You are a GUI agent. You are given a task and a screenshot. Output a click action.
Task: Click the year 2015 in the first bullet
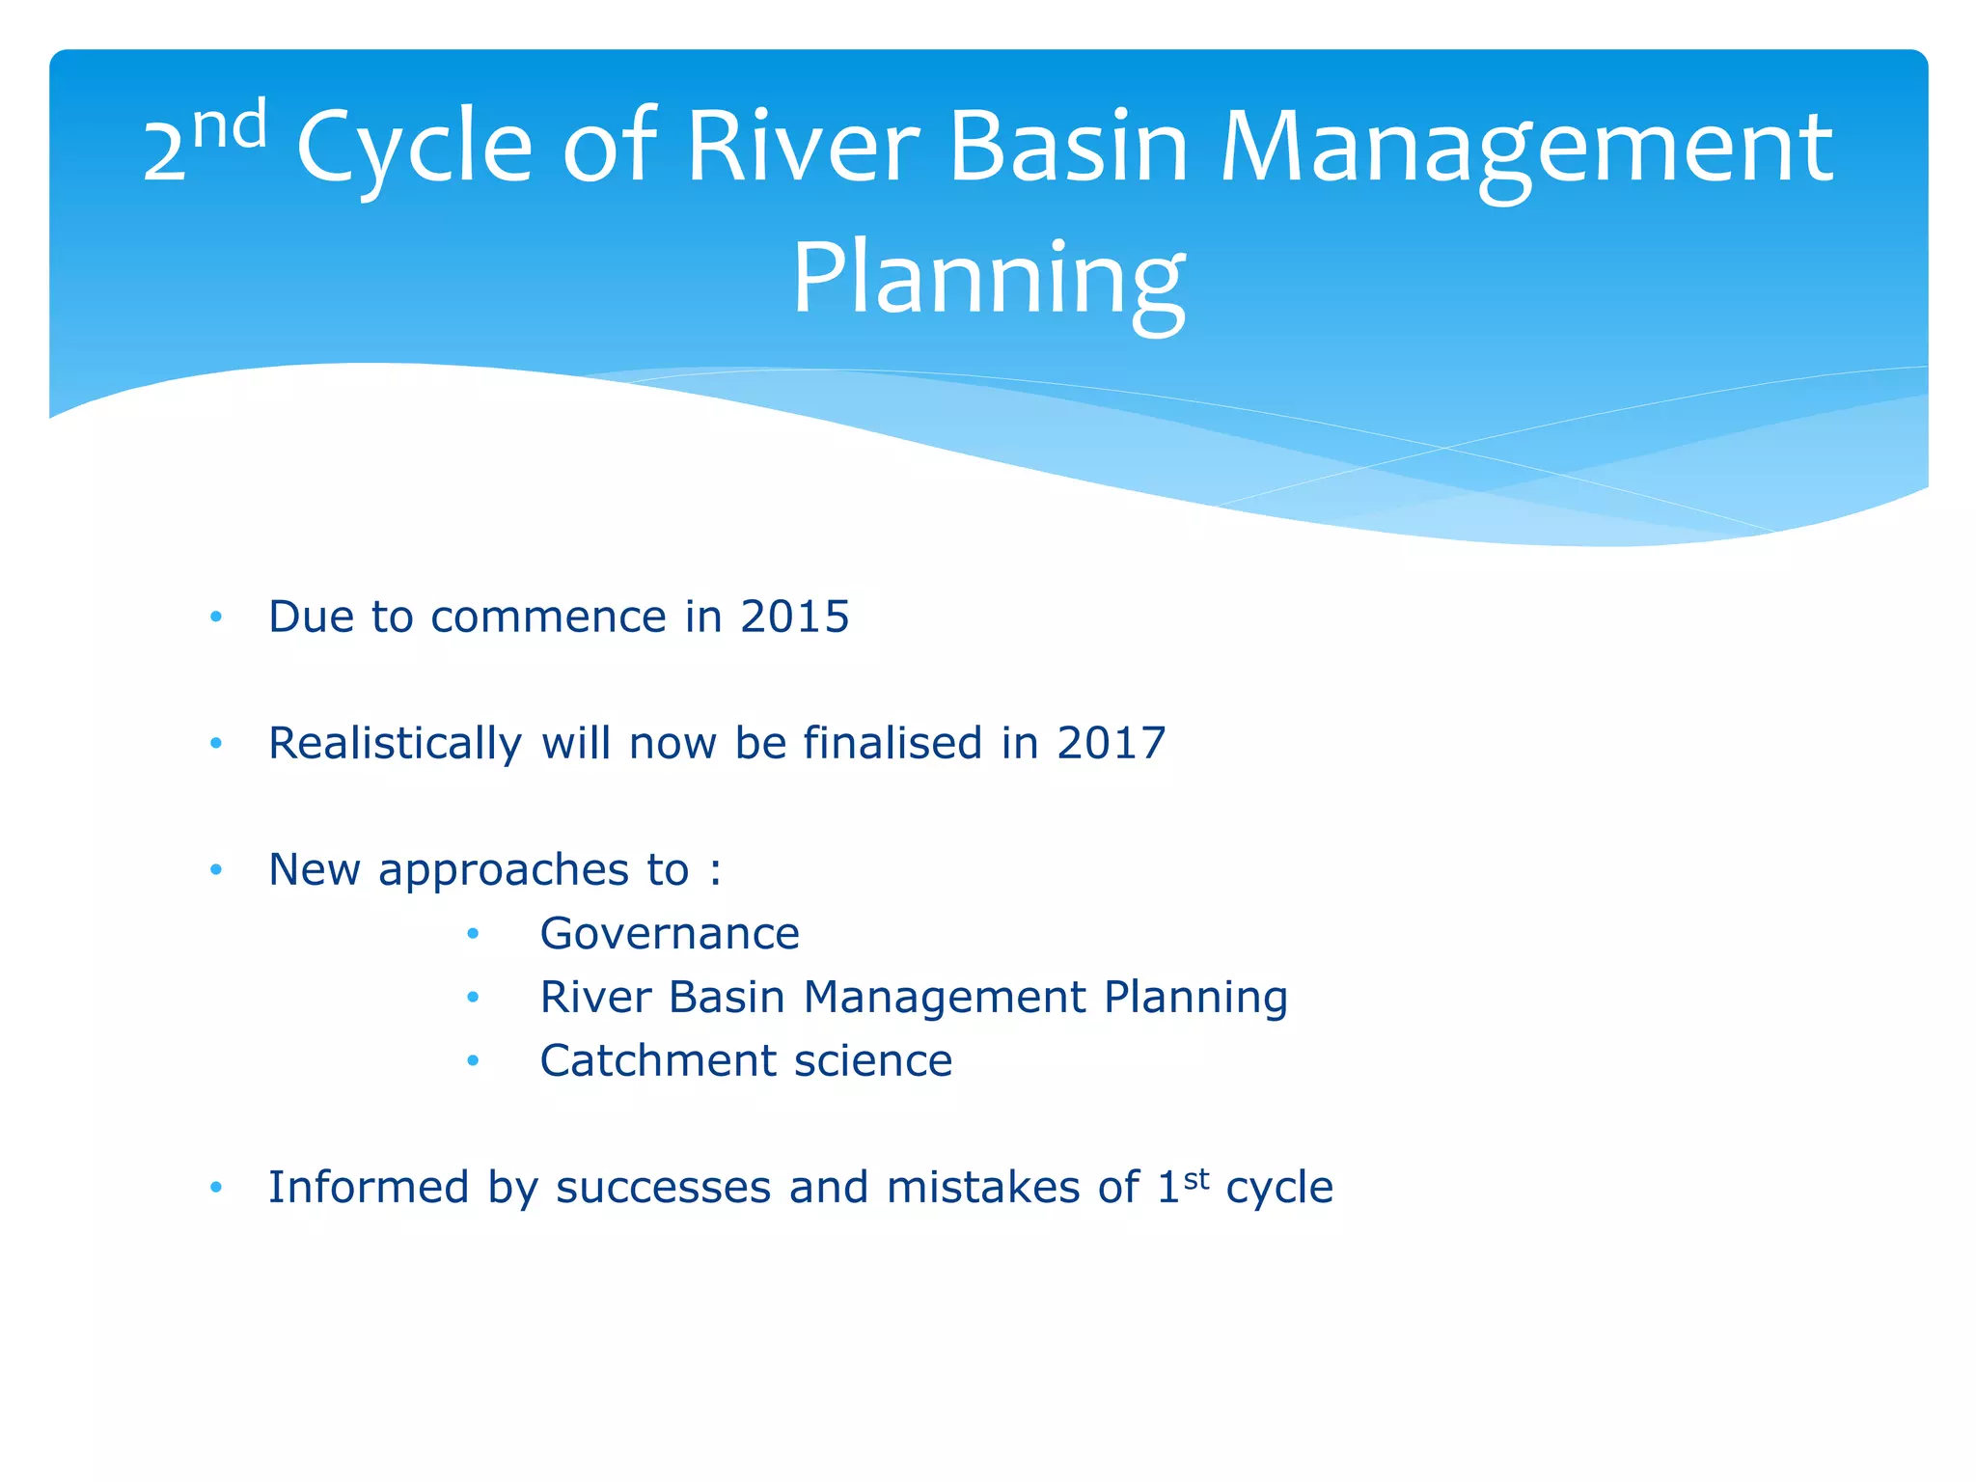click(x=794, y=617)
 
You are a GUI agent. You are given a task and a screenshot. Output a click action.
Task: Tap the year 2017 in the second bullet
click(x=1111, y=743)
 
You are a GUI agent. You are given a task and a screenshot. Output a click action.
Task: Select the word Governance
click(x=670, y=934)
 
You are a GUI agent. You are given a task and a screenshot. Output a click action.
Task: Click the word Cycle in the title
click(x=414, y=147)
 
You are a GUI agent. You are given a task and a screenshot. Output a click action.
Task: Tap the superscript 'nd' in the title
click(x=230, y=125)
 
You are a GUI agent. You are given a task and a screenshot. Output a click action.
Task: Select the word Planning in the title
click(x=988, y=280)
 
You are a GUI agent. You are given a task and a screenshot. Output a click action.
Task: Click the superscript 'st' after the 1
click(x=1196, y=1178)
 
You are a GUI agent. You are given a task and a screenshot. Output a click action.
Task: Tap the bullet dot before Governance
click(x=473, y=934)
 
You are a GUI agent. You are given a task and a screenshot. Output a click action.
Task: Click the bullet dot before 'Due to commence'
click(x=216, y=617)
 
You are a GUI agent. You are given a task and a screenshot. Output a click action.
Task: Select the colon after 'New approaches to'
click(x=714, y=871)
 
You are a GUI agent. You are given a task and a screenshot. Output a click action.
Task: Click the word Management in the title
click(x=1525, y=147)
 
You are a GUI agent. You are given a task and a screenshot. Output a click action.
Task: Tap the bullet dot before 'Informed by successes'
click(x=216, y=1187)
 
